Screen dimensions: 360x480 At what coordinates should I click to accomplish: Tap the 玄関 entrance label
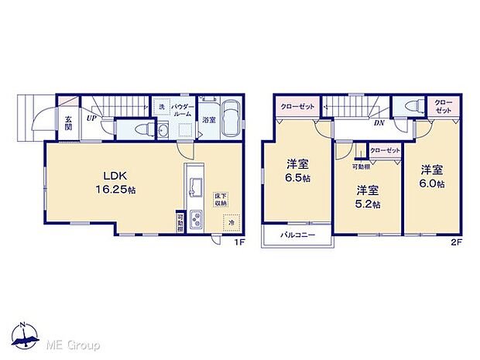[x=68, y=123]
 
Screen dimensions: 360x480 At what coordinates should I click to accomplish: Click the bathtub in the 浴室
[x=230, y=119]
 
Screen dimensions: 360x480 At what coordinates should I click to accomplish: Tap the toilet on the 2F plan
[x=409, y=107]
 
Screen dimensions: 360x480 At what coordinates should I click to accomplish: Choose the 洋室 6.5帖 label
[x=298, y=170]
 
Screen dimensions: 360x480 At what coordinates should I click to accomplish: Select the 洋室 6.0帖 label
[x=433, y=176]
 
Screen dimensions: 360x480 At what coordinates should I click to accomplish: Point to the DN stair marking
[x=380, y=122]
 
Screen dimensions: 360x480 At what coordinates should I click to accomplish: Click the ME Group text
[x=76, y=344]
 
